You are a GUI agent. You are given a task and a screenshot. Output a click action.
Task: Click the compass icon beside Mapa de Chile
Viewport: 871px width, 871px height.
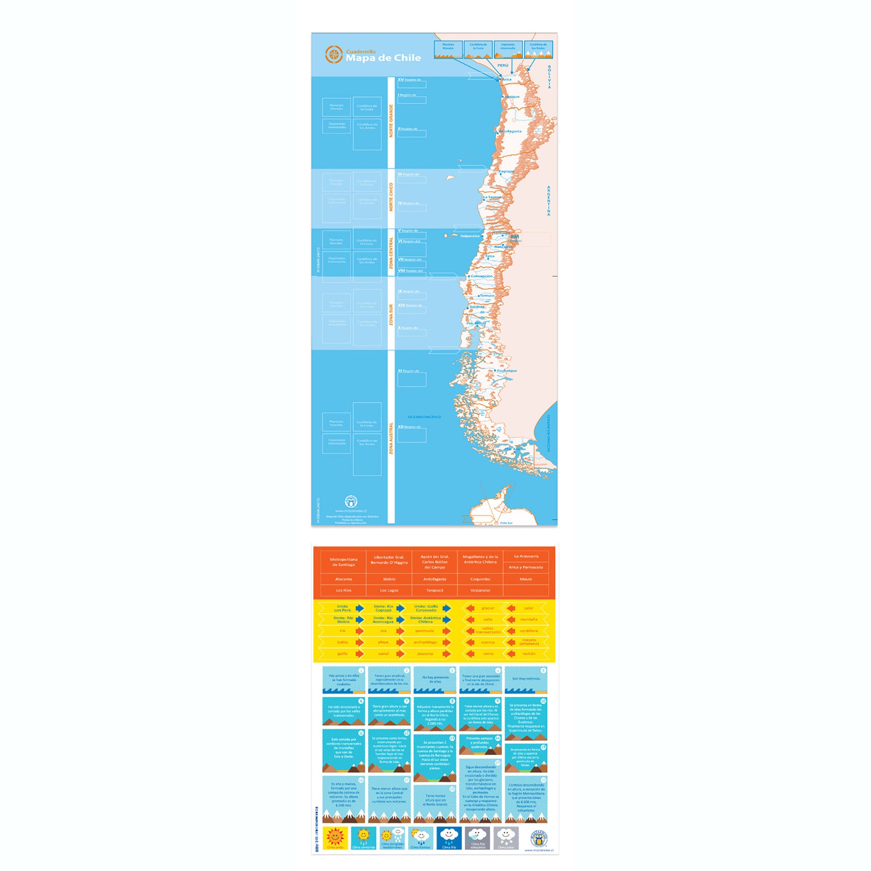coord(334,54)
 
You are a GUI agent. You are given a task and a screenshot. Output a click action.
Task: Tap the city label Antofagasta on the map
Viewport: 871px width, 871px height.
coord(510,131)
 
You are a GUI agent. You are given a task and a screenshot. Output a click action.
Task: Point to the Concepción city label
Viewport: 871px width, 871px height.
coord(481,276)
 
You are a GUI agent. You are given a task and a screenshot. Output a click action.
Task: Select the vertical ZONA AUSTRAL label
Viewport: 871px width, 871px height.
coord(391,438)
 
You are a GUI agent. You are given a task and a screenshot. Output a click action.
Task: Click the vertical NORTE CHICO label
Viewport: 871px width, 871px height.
coord(391,197)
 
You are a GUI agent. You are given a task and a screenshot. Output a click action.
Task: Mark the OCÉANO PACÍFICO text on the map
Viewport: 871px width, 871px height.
coord(424,416)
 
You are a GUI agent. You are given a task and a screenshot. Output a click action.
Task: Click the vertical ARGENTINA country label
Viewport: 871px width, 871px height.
coord(548,201)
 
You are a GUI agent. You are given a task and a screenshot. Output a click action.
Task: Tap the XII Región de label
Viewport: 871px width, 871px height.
coord(409,426)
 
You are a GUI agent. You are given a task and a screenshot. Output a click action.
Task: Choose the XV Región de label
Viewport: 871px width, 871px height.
coord(409,79)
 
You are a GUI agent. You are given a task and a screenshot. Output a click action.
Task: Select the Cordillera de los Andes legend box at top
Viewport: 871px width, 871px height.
coord(538,49)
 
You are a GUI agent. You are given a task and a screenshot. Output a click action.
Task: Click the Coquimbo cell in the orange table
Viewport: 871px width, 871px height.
coord(480,579)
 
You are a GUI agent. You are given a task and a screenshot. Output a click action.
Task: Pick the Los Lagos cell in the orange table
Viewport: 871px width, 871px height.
coord(389,590)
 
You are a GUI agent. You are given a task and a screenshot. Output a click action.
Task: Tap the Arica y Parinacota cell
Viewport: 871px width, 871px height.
coord(525,567)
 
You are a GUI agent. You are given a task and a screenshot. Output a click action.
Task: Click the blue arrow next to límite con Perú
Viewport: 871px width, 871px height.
coord(360,608)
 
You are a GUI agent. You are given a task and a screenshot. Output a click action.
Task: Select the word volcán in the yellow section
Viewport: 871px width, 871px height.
coord(529,654)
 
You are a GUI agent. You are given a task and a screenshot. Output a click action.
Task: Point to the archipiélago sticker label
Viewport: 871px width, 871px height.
coord(425,642)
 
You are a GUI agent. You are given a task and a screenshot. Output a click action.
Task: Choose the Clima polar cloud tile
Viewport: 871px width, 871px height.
coord(505,837)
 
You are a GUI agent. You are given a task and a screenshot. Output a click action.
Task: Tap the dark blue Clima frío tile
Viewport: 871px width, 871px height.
coord(449,837)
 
